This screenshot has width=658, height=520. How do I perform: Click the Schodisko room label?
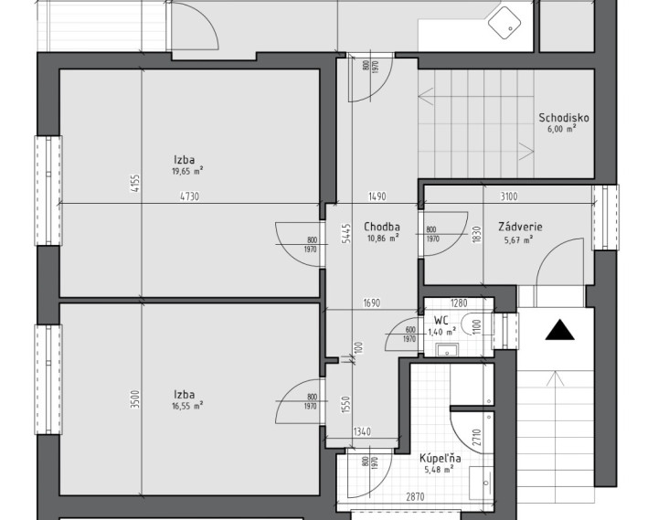pos(564,118)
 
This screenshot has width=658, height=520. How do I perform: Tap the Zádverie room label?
pos(520,227)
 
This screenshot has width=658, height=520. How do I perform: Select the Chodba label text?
pos(381,227)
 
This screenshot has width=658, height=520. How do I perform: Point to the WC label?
pos(440,321)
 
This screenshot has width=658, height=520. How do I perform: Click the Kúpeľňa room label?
pos(440,458)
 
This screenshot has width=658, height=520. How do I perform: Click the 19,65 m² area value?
pos(187,171)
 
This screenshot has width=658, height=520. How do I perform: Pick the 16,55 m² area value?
pos(187,406)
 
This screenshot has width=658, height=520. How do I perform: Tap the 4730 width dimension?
pos(189,196)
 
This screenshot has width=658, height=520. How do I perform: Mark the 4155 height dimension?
pos(134,184)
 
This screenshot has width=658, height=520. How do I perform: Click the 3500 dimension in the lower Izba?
pos(134,399)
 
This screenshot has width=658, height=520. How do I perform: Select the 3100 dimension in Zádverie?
pos(509,196)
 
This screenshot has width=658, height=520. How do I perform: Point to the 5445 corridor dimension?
pos(346,234)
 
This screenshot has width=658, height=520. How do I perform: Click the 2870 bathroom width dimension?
pos(415,497)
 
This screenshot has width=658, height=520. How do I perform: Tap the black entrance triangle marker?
pos(560,330)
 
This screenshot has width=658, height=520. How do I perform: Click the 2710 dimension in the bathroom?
pos(476,438)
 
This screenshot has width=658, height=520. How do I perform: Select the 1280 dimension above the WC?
pos(458,302)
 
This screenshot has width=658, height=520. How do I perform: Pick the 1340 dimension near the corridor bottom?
pos(362,431)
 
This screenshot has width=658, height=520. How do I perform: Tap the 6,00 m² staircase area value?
pos(561,129)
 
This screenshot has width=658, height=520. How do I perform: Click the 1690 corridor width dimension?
pos(371,302)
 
